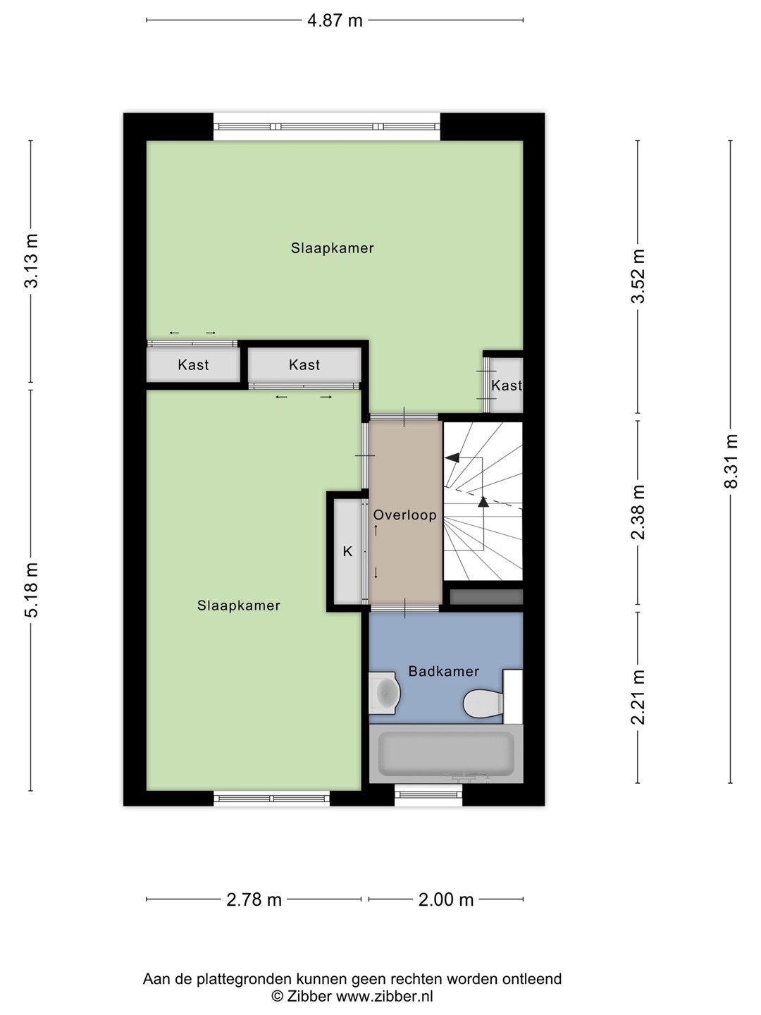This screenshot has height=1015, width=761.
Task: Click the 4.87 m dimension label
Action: pyautogui.click(x=335, y=21)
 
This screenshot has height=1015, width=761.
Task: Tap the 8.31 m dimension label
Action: pyautogui.click(x=731, y=461)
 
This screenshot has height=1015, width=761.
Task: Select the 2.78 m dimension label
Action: pyautogui.click(x=254, y=899)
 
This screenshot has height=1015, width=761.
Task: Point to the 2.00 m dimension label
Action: pyautogui.click(x=446, y=899)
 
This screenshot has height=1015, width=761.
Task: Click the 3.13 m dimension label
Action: pyautogui.click(x=32, y=261)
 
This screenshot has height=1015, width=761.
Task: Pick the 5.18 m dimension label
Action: pyautogui.click(x=32, y=590)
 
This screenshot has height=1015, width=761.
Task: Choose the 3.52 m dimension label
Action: pyautogui.click(x=638, y=276)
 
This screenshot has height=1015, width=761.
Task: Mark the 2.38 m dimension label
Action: pyautogui.click(x=638, y=512)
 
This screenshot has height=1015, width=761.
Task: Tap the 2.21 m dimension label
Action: pyautogui.click(x=638, y=697)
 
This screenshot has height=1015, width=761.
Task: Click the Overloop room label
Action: pyautogui.click(x=404, y=515)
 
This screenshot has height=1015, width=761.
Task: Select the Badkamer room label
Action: pyautogui.click(x=444, y=671)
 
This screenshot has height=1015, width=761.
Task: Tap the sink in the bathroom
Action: pyautogui.click(x=384, y=693)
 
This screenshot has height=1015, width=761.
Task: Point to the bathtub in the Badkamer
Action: pyautogui.click(x=446, y=753)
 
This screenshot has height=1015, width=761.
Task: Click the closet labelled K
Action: pyautogui.click(x=347, y=552)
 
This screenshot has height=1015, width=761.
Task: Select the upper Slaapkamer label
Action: pyautogui.click(x=332, y=248)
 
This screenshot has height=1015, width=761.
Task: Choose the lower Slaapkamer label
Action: pyautogui.click(x=238, y=605)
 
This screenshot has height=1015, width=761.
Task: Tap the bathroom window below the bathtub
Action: pyautogui.click(x=428, y=795)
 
